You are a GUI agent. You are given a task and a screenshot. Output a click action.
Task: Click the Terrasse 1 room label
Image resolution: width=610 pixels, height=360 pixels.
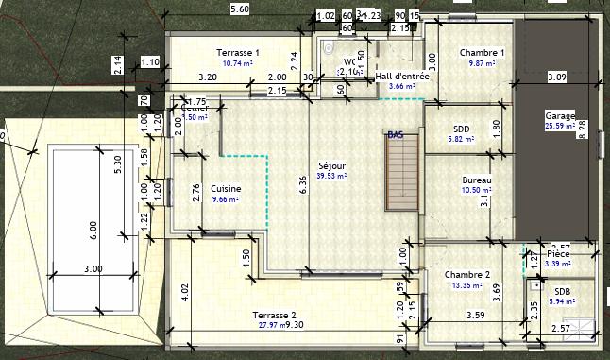[237, 52]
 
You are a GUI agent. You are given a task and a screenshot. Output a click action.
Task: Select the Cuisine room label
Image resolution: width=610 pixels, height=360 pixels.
[226, 188]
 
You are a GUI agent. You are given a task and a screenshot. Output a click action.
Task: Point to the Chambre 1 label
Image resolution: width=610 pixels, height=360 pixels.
[482, 52]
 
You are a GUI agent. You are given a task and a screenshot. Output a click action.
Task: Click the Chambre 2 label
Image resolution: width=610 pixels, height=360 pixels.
[468, 275]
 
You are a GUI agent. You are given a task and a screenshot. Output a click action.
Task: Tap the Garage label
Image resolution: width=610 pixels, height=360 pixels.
[559, 115]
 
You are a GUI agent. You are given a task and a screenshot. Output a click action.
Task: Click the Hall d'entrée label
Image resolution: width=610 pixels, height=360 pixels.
[402, 77]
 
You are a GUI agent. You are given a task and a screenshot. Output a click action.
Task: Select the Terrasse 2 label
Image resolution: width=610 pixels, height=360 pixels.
[274, 314]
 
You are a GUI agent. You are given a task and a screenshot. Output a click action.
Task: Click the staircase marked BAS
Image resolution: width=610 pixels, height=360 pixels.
[400, 170]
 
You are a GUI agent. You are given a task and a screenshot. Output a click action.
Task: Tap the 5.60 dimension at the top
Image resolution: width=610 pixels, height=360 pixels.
[240, 9]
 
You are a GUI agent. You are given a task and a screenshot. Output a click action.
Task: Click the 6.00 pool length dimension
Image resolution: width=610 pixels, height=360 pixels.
[93, 226]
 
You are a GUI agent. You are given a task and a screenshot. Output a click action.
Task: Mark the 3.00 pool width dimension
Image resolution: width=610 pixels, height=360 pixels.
[93, 269]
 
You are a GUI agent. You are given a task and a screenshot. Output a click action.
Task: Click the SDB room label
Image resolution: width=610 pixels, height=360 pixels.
[562, 292]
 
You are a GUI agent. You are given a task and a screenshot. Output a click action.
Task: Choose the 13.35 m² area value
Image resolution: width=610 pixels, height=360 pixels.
[468, 285]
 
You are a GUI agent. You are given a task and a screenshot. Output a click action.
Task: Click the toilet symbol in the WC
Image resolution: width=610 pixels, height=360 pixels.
[330, 49]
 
